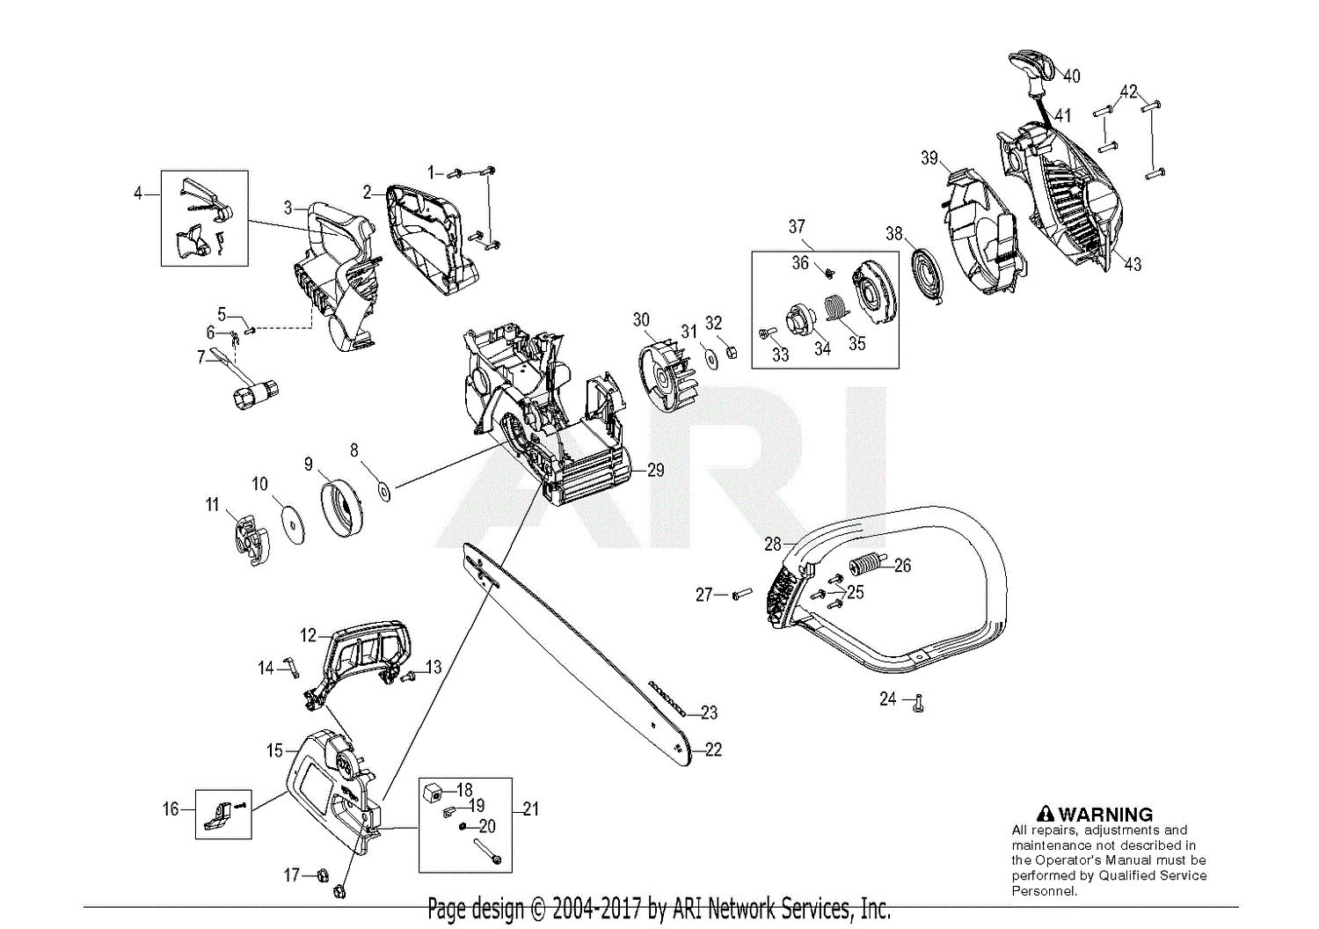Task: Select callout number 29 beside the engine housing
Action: pyautogui.click(x=656, y=470)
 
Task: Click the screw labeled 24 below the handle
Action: pyautogui.click(x=919, y=703)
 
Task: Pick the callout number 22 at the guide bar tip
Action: pyautogui.click(x=713, y=750)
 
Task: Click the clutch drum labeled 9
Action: pyautogui.click(x=341, y=505)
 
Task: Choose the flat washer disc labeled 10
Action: pyautogui.click(x=292, y=524)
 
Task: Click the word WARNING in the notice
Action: pyautogui.click(x=1105, y=815)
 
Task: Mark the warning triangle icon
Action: pyautogui.click(x=1045, y=815)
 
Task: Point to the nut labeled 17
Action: pyautogui.click(x=322, y=875)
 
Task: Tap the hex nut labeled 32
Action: pyautogui.click(x=730, y=354)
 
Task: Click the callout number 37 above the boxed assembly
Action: pyautogui.click(x=797, y=227)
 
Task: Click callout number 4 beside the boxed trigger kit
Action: pyautogui.click(x=137, y=193)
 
